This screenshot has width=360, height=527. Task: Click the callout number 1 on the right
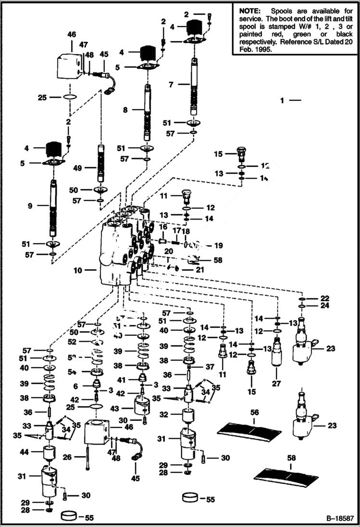click(283, 100)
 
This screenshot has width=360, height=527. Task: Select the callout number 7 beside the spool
click(171, 84)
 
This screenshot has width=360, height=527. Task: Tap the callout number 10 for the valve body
click(77, 270)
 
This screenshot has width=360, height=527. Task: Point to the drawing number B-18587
click(340, 519)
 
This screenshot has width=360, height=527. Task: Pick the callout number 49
click(77, 168)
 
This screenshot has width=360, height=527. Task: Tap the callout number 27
click(276, 384)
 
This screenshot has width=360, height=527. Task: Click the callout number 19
click(219, 245)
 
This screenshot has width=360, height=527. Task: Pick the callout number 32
click(163, 414)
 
